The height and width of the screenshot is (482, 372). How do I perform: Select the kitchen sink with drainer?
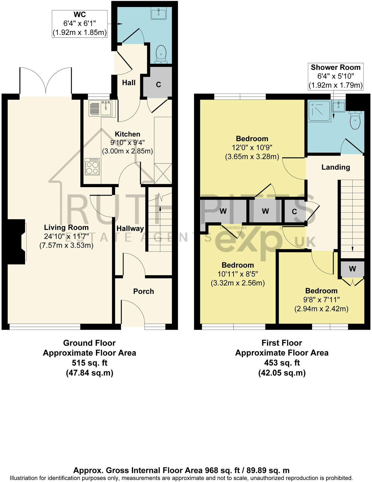click(100, 108)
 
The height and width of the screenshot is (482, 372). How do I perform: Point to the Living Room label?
click(66, 228)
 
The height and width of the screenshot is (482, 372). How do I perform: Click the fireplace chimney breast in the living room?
click(16, 242)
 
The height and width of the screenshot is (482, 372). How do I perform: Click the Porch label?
click(143, 291)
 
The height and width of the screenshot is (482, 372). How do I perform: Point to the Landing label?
click(336, 167)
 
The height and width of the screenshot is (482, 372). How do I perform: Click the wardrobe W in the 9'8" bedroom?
click(352, 269)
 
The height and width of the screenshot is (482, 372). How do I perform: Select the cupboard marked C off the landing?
click(294, 212)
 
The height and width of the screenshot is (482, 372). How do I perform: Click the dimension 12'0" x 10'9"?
click(252, 148)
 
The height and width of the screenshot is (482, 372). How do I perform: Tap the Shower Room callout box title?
click(336, 67)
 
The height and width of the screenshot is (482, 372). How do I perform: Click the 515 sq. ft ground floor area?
click(89, 363)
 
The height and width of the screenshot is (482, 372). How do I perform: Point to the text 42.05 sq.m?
click(282, 373)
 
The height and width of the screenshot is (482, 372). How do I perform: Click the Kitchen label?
click(127, 134)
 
